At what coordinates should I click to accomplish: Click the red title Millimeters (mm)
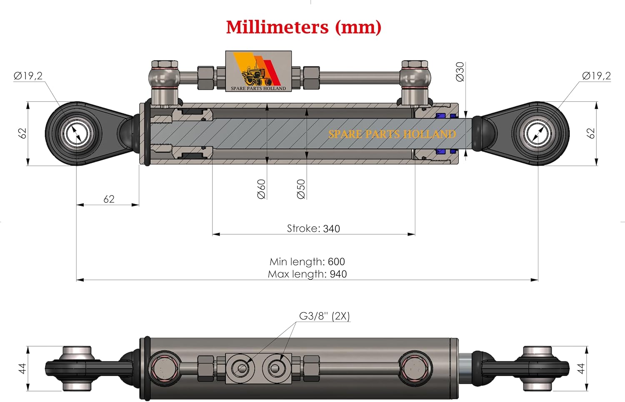click(303, 28)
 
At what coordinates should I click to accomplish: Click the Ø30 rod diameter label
click(460, 72)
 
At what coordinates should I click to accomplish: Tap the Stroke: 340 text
click(313, 229)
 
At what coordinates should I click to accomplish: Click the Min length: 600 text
click(307, 261)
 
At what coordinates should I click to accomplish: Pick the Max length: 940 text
click(307, 274)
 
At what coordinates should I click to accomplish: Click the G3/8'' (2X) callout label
click(324, 316)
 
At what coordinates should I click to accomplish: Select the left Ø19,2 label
click(28, 76)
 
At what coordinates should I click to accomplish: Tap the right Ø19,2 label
click(596, 76)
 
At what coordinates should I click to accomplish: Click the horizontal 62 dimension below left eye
click(109, 199)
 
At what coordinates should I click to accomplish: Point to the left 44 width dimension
click(22, 368)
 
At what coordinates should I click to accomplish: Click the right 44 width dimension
click(580, 368)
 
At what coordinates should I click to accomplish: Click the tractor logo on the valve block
click(256, 75)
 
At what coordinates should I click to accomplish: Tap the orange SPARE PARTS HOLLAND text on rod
click(392, 134)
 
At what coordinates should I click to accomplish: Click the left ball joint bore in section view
click(77, 134)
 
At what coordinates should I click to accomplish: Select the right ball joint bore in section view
click(538, 134)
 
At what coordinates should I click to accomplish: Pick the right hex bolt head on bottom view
click(415, 369)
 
